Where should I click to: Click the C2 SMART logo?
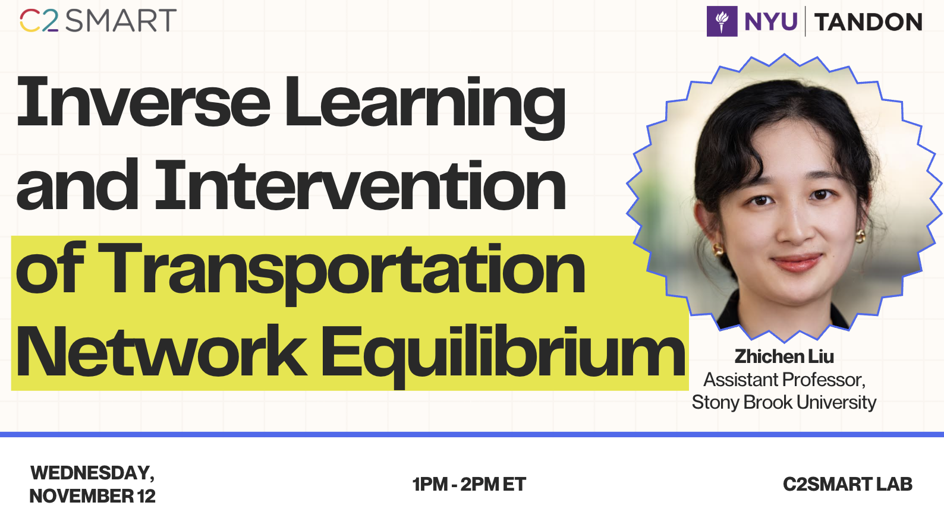pos(97,20)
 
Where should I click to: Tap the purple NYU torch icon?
pos(722,21)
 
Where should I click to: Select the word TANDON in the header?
pos(868,22)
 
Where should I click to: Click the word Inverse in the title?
pos(143,102)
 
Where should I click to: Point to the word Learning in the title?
pos(425,108)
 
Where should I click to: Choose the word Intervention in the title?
pos(361,185)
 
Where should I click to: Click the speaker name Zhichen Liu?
pos(784,356)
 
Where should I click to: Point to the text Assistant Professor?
pos(784,380)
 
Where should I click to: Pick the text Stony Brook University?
pos(784,403)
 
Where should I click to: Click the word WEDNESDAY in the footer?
pos(92,473)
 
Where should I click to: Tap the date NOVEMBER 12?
pos(92,496)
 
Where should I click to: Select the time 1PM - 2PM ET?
pos(469,484)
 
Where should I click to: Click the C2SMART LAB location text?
pos(848,484)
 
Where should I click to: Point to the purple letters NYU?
pos(771,21)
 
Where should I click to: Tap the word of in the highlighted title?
pos(51,268)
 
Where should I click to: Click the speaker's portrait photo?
pos(784,197)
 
